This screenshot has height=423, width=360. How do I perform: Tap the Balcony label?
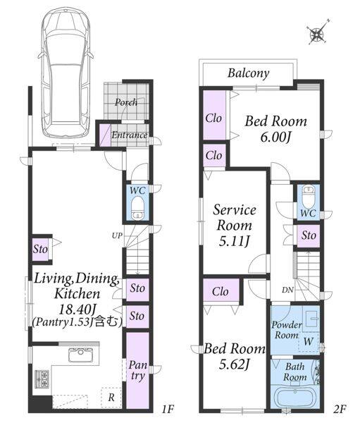(248, 73)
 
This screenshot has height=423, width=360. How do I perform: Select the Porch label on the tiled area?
(126, 102)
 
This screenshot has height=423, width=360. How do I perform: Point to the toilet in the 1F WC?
(137, 208)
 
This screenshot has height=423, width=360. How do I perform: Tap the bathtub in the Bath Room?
(294, 397)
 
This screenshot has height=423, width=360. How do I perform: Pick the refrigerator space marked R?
(111, 398)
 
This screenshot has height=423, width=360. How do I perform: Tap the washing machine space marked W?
(309, 341)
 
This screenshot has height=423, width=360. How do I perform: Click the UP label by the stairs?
(117, 235)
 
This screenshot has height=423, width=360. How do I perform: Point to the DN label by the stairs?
(287, 290)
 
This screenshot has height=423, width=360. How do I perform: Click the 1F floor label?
(167, 409)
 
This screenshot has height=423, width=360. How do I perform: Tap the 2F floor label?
(340, 409)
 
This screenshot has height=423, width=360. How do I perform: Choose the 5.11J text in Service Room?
(233, 241)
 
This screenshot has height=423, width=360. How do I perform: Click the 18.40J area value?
(77, 309)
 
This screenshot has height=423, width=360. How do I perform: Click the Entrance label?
(130, 135)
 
